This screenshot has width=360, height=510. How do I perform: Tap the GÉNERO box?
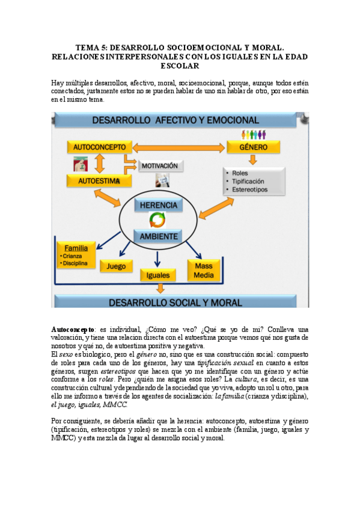coord(254,146)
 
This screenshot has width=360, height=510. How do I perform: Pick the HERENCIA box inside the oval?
coord(158,205)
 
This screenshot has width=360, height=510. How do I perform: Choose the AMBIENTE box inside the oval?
coord(158,236)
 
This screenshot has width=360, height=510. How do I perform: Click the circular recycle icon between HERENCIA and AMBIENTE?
coord(157,220)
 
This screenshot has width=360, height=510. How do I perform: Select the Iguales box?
coord(157,275)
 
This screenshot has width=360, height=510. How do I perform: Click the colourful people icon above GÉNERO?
coord(253,134)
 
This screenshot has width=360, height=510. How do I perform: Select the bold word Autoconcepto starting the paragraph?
coord(73,330)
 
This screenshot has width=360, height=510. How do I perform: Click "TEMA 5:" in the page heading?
coord(92,46)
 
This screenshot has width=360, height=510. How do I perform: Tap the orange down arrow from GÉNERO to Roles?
coord(253,159)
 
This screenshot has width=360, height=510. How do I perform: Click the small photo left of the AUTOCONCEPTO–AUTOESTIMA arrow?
coord(78,163)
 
